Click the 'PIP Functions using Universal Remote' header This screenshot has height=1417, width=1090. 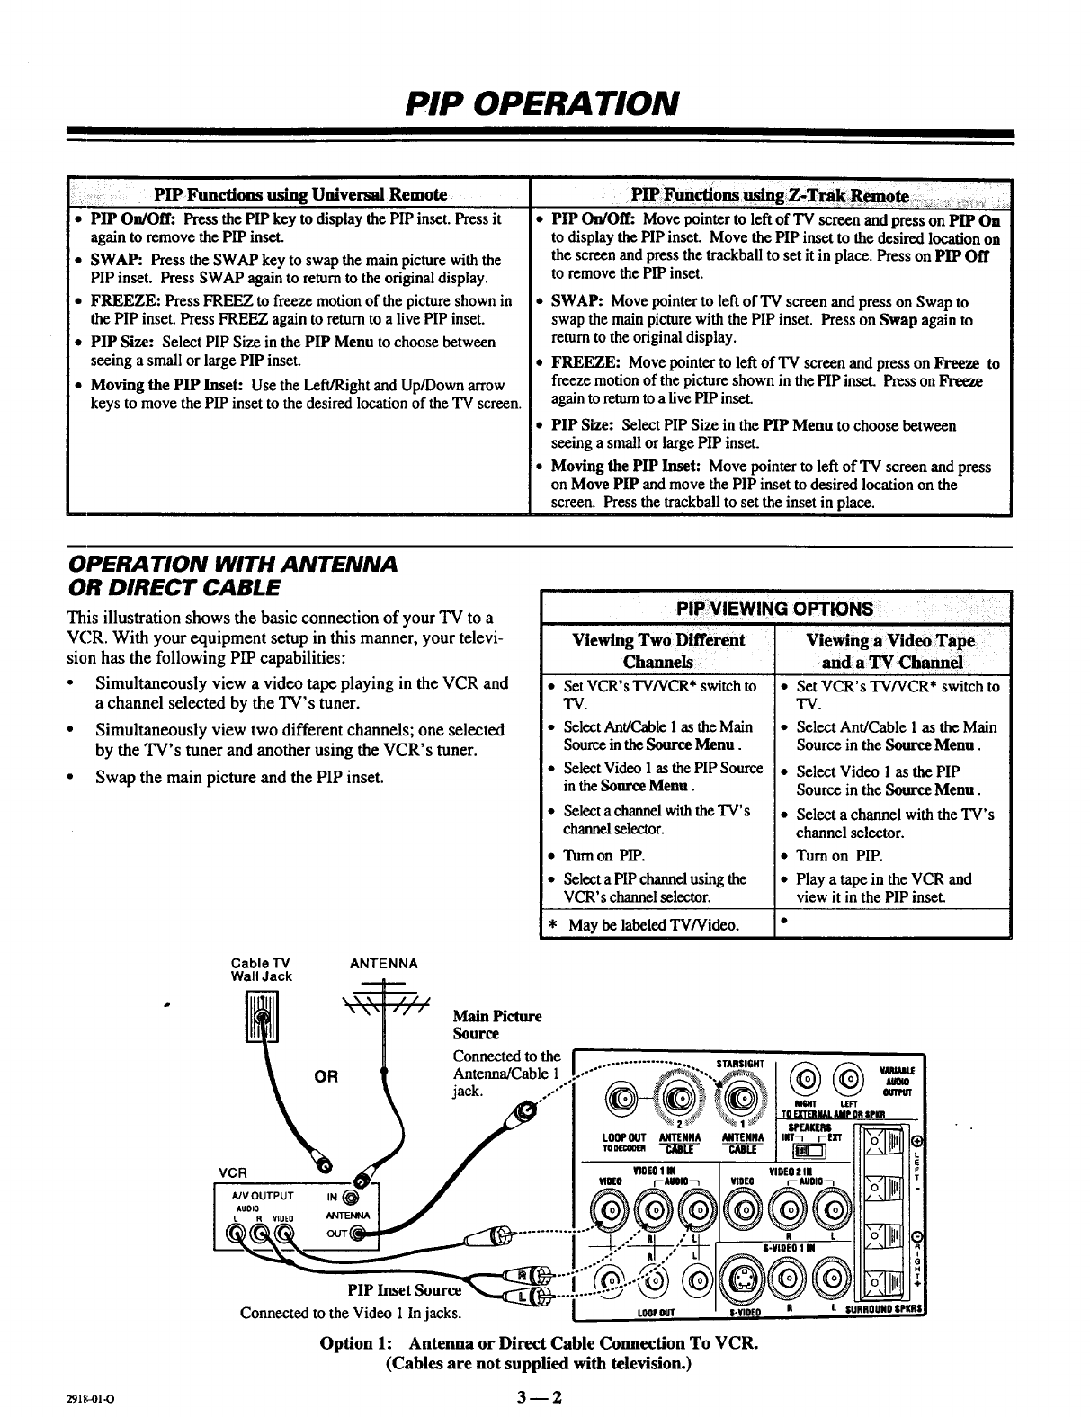pyautogui.click(x=300, y=195)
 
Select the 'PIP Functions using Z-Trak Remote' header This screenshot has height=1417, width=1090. pyautogui.click(x=770, y=196)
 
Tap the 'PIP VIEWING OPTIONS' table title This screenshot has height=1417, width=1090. pyautogui.click(x=775, y=608)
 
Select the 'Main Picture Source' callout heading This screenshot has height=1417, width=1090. pyautogui.click(x=497, y=1025)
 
